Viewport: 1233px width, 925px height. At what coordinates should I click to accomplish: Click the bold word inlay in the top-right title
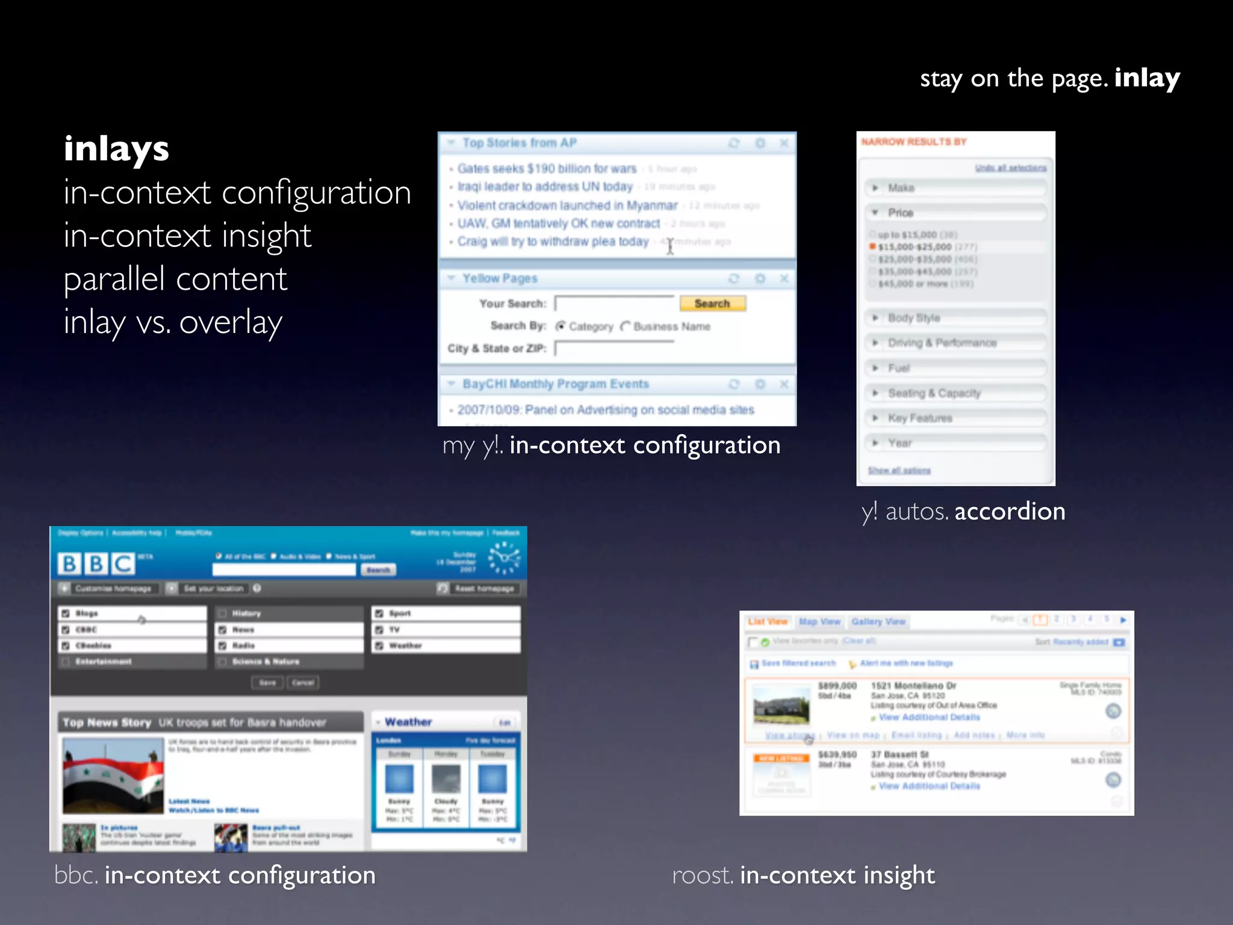click(1146, 78)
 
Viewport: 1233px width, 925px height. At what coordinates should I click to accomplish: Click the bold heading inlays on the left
click(116, 149)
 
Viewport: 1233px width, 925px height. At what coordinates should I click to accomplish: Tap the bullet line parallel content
click(175, 279)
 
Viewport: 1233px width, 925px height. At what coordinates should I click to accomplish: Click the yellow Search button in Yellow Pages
click(712, 304)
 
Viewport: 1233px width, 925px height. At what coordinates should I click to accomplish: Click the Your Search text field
click(613, 304)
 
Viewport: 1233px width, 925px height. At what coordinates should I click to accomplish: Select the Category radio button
click(561, 326)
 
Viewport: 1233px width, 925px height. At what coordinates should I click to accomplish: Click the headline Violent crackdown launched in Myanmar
click(567, 205)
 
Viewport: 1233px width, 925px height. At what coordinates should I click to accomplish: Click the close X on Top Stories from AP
click(784, 143)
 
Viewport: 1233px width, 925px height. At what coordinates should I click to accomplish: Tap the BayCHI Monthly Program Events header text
click(555, 384)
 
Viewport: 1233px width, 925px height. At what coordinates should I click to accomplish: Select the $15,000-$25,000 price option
click(872, 247)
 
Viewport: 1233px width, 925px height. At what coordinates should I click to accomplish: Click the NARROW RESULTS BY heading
click(913, 142)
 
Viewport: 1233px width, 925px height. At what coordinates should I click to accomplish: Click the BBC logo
click(96, 564)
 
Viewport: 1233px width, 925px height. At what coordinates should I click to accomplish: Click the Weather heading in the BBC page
click(408, 722)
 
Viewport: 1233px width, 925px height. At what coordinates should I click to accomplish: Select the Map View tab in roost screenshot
click(819, 621)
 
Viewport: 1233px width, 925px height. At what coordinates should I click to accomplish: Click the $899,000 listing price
click(837, 686)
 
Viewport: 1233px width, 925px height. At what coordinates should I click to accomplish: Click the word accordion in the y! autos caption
click(1010, 512)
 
